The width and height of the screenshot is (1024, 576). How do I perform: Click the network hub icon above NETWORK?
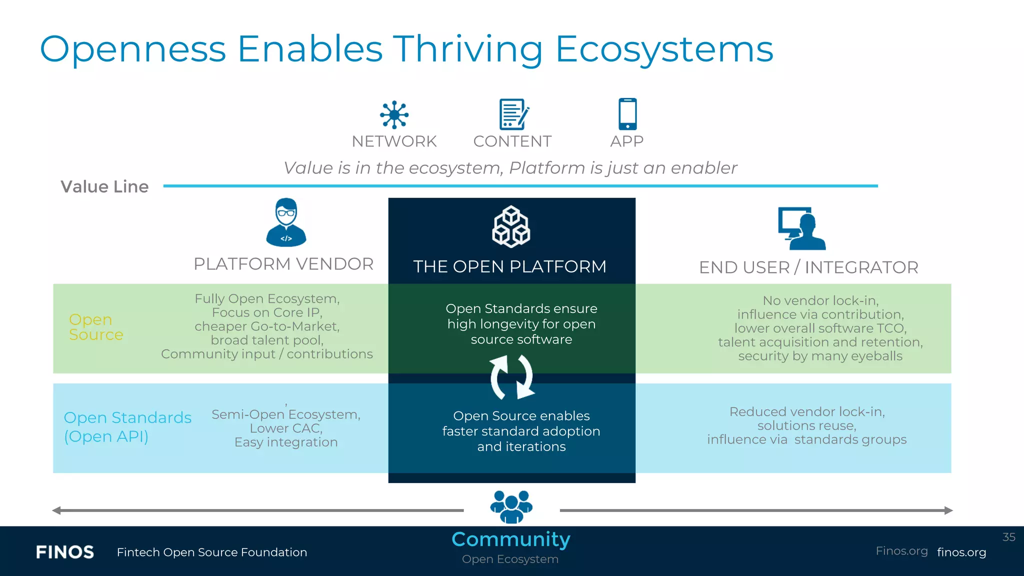click(394, 114)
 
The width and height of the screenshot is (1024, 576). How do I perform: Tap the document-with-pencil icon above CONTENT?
click(513, 114)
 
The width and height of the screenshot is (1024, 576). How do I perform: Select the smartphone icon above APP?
click(627, 113)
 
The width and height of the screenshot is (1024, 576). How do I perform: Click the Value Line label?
click(104, 186)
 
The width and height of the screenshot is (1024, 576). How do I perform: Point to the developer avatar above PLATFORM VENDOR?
click(286, 222)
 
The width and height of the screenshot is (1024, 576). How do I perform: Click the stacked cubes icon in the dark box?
click(511, 226)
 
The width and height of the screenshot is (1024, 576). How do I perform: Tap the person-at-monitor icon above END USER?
click(801, 228)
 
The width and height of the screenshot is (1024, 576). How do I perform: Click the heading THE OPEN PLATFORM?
click(509, 266)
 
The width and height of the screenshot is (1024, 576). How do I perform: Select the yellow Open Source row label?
click(95, 326)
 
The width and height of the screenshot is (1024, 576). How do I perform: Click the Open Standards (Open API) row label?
click(127, 426)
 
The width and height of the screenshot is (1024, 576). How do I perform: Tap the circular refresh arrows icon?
click(512, 377)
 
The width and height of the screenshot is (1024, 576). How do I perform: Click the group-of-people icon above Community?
click(511, 506)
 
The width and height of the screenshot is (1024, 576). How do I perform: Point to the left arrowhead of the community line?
click(56, 510)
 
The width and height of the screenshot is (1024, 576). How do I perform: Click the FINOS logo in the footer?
click(65, 552)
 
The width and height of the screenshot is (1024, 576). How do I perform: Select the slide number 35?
click(1008, 537)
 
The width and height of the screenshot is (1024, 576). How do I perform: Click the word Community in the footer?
click(510, 539)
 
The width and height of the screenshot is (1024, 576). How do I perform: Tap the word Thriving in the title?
click(468, 49)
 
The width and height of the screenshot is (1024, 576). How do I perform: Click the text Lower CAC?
click(286, 428)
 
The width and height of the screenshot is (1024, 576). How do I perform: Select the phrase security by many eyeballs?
click(820, 356)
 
